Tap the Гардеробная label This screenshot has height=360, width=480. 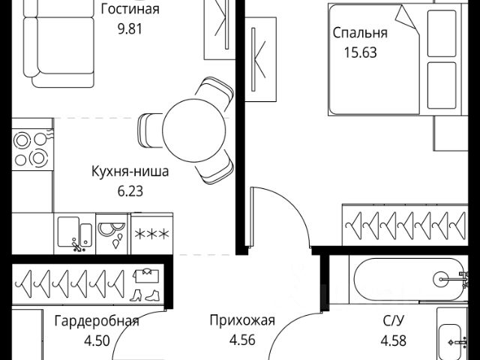[x=97, y=322]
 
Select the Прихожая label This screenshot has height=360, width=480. [x=242, y=322]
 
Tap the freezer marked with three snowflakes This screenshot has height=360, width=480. [x=151, y=233]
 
